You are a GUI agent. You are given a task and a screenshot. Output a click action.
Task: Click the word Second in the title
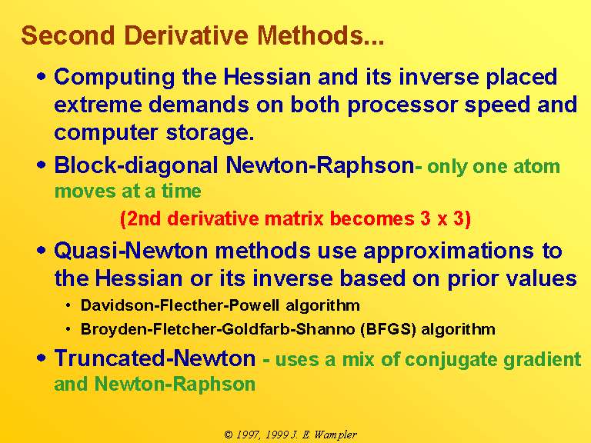point(68,35)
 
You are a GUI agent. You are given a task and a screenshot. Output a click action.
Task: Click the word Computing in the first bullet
point(115,78)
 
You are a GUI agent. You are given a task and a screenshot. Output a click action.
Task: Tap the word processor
point(402,105)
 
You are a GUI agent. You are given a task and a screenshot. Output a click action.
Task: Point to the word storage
point(210,133)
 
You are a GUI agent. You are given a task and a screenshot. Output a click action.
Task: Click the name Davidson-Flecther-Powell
point(180,305)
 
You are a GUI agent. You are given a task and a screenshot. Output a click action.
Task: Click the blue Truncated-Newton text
point(155,358)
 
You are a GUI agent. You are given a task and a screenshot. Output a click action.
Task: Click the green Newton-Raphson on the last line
point(175,385)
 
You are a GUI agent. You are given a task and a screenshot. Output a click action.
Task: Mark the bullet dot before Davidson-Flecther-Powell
point(68,305)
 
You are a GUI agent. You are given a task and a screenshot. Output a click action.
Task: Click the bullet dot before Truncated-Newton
point(42,358)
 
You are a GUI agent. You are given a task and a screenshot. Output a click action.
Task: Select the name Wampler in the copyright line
point(336,435)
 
